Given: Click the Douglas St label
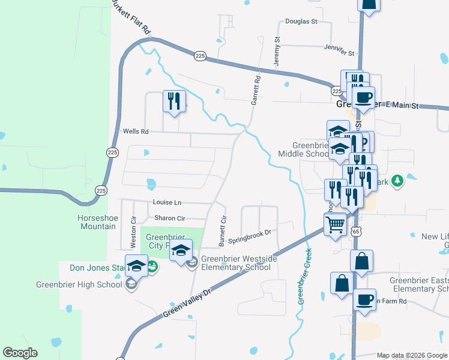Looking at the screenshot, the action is point(301,21).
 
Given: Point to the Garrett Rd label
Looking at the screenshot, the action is point(257,87).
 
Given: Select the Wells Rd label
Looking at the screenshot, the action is point(135,131).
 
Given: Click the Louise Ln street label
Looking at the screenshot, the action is point(167,203).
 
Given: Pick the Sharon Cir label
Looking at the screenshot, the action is point(170,218).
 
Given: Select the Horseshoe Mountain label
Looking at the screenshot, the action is point(96,222).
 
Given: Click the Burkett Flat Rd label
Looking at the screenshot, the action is point(131,16).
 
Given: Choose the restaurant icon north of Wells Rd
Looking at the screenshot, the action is point(174,100).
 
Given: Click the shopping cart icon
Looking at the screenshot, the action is point(336,225).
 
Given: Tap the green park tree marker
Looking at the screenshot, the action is point(396,181).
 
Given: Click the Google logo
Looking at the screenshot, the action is point(20,353).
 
